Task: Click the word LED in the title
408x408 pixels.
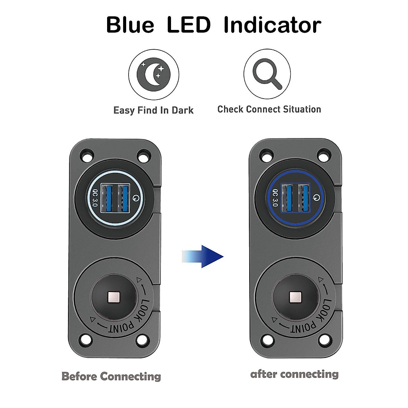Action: [189, 25]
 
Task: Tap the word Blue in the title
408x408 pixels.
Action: [130, 25]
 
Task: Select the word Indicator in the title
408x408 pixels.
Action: [272, 25]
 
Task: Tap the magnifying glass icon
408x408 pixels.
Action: [268, 74]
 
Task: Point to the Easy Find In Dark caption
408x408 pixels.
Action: [153, 111]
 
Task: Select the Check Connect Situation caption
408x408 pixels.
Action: [269, 109]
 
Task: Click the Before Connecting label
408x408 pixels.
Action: [111, 376]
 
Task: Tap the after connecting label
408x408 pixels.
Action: [294, 374]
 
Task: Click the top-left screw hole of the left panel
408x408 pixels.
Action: [87, 155]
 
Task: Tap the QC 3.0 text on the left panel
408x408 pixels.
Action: [95, 198]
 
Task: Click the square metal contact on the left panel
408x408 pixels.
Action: [114, 298]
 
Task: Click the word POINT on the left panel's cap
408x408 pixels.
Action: [121, 326]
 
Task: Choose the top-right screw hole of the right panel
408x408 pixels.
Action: [324, 155]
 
